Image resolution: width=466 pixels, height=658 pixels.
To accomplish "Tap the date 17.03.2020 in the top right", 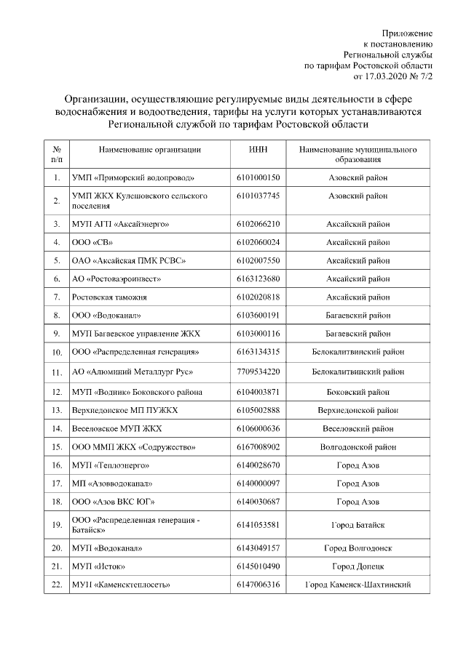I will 386,75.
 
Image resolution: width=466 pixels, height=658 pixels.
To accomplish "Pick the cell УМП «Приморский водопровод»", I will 133,177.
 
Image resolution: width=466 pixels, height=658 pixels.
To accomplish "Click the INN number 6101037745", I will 258,196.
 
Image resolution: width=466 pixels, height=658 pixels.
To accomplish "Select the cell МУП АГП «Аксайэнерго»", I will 121,223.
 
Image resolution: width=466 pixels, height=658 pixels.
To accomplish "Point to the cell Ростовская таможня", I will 109,297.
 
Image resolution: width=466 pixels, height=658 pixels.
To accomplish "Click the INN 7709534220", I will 258,372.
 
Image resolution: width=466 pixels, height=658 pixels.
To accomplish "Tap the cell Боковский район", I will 358,392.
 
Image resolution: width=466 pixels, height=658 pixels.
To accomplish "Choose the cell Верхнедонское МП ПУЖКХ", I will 125,410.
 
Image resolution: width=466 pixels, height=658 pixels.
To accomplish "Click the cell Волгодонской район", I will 358,446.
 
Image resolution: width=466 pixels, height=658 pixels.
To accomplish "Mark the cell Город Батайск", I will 358,525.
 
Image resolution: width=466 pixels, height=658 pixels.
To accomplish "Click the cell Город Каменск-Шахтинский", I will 358,584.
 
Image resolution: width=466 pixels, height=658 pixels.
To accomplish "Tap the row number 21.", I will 57,566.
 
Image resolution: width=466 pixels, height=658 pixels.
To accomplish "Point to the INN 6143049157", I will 258,547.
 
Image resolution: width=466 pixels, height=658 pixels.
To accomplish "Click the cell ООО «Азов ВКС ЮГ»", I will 113,501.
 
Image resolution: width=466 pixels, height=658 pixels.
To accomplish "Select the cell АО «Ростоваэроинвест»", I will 116,278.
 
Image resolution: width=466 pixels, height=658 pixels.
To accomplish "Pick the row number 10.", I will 57,353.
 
